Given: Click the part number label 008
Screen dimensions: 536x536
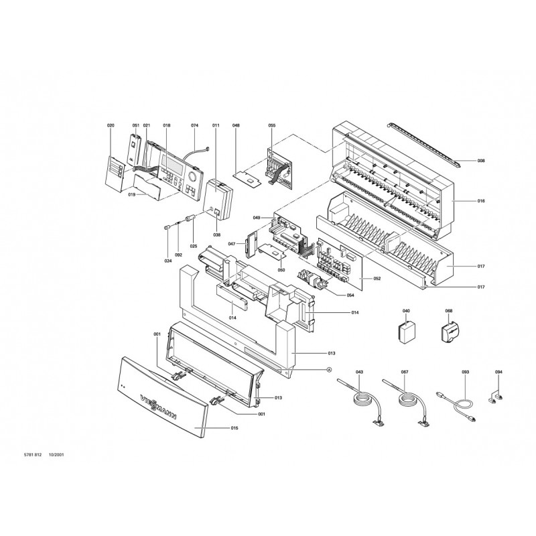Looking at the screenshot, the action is (x=481, y=161).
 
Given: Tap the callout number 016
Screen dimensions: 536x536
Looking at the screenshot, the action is (x=481, y=201).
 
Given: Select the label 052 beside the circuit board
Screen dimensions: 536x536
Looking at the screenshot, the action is (x=377, y=279).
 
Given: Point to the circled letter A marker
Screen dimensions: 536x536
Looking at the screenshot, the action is (x=329, y=370).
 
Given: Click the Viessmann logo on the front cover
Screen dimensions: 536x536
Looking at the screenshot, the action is (x=159, y=407).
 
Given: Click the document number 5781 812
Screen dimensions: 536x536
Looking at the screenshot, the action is (x=33, y=455).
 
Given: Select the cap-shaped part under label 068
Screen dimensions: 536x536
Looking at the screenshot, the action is (x=448, y=330).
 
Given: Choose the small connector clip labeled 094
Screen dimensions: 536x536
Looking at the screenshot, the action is (x=495, y=397).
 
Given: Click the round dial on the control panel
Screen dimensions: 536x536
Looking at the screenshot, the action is (x=192, y=177).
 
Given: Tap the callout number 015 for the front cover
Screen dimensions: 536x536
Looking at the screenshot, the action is (x=234, y=428).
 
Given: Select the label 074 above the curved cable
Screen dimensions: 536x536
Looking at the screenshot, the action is (x=194, y=125).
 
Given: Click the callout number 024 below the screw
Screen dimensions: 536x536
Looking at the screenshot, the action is (x=168, y=261).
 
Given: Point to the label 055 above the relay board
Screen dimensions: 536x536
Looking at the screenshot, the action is (x=272, y=125).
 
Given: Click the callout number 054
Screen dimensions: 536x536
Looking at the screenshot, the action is (x=350, y=295).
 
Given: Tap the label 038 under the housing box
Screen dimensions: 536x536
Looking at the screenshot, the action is (x=217, y=235).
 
